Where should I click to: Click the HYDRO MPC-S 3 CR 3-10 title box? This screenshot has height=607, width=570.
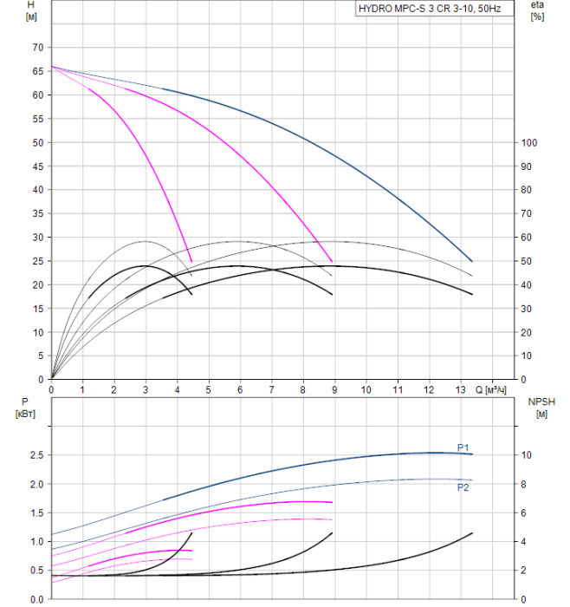click(435, 9)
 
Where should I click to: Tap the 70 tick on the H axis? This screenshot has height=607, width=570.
click(38, 48)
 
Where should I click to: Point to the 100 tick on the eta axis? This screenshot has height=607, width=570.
click(529, 143)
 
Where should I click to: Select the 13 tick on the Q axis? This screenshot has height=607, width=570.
click(460, 389)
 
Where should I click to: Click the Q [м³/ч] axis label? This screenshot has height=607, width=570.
click(490, 390)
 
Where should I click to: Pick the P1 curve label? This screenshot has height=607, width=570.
click(463, 448)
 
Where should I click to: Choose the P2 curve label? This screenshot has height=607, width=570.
click(463, 487)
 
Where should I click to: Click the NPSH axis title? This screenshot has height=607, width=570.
click(541, 401)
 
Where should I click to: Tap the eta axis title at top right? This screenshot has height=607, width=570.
click(537, 5)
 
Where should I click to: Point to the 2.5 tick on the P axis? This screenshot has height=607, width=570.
click(36, 455)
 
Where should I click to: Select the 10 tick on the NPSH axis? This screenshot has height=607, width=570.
click(526, 455)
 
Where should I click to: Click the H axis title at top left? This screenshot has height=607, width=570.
click(31, 5)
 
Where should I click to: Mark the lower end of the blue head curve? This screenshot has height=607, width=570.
click(472, 261)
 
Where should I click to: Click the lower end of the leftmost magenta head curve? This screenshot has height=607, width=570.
click(191, 262)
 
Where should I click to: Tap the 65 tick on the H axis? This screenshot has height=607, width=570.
click(38, 72)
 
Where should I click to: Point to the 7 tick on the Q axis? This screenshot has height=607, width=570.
click(271, 389)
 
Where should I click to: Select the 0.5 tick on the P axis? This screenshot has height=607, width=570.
click(36, 571)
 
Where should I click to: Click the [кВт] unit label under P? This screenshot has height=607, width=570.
click(25, 414)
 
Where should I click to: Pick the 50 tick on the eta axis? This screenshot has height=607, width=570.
click(526, 261)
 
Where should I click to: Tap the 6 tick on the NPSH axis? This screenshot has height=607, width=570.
click(523, 513)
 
